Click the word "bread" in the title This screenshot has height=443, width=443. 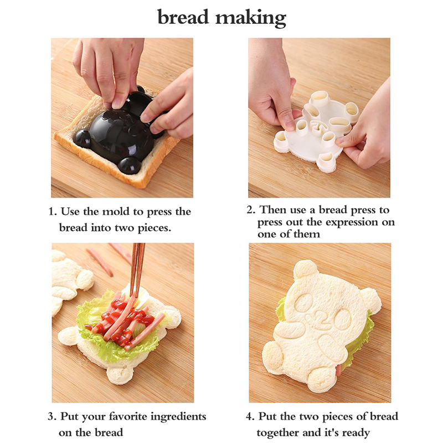pyautogui.click(x=183, y=17)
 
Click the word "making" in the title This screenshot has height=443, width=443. pyautogui.click(x=251, y=19)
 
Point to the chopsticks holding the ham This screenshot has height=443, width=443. pyautogui.click(x=138, y=271)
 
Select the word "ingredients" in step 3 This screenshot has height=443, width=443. pyautogui.click(x=178, y=418)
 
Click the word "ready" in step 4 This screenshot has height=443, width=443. pyautogui.click(x=356, y=434)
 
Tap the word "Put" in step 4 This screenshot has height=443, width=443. pyautogui.click(x=267, y=416)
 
